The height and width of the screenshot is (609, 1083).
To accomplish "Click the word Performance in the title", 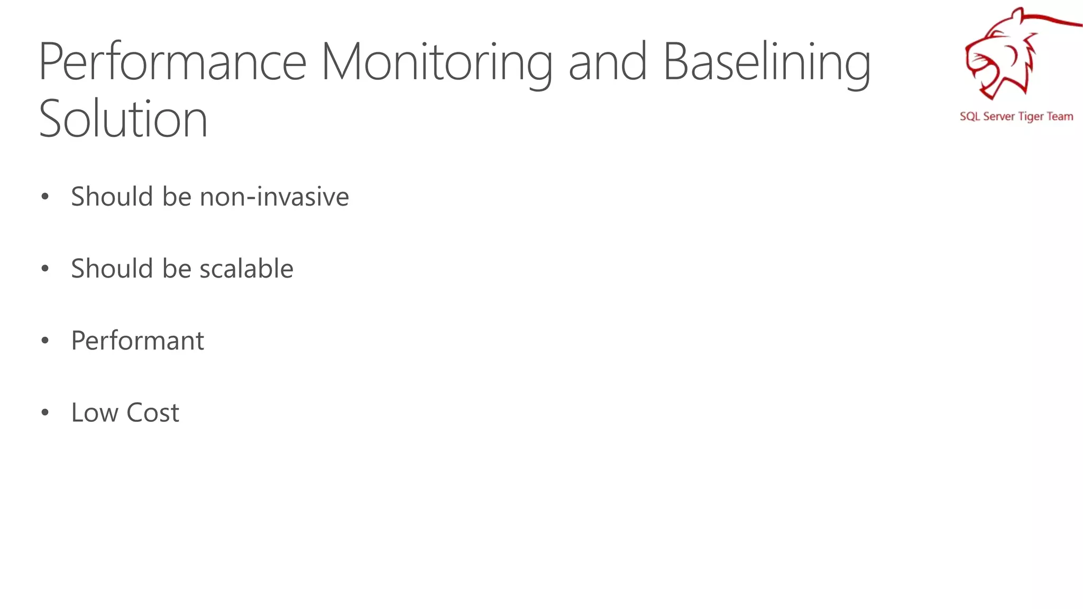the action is (x=172, y=62).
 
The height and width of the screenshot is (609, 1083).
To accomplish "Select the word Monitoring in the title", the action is (x=437, y=62).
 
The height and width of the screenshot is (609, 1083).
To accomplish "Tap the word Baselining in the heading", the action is (x=766, y=62).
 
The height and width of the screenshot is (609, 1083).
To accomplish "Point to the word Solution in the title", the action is (x=123, y=119).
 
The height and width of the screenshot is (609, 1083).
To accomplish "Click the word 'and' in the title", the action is (x=608, y=62).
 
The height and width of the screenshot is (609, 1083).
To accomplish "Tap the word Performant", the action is (x=137, y=340).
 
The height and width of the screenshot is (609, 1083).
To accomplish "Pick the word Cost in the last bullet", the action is (x=153, y=412).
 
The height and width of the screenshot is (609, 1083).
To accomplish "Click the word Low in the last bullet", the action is (x=95, y=412).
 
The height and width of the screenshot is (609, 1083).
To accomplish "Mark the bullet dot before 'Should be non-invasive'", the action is (x=45, y=197).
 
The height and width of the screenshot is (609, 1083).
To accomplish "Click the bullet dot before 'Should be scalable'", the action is (x=45, y=269).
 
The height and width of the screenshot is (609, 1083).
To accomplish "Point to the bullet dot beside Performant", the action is (x=45, y=341).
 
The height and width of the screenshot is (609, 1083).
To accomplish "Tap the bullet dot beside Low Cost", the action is (x=45, y=413).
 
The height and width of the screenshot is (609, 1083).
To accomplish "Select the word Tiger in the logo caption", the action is (x=1031, y=117).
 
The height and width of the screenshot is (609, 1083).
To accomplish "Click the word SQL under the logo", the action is (x=970, y=117).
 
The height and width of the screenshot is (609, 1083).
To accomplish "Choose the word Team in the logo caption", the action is (x=1060, y=116).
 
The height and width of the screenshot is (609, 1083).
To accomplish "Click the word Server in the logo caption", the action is (x=999, y=116).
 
